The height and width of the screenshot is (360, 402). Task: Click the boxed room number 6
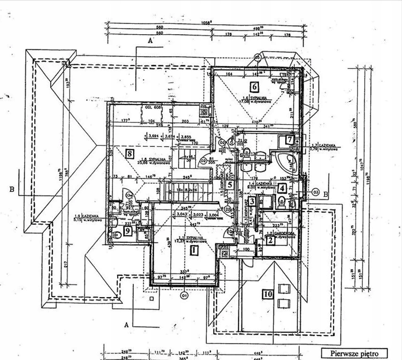coord(254,86)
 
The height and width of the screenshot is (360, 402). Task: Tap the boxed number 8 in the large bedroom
coord(130,152)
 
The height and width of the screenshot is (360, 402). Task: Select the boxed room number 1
coord(193,250)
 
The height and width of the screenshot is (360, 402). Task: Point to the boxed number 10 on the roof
coord(267,294)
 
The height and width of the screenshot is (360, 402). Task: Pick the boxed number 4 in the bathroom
coord(281,189)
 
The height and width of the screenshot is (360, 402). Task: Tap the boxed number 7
coord(290,139)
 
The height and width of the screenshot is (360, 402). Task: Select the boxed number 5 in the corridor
coord(229,185)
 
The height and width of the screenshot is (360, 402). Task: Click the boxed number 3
coord(252,202)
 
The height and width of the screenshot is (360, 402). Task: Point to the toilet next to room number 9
coord(116,234)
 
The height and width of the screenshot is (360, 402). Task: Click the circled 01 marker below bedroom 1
coord(184,296)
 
